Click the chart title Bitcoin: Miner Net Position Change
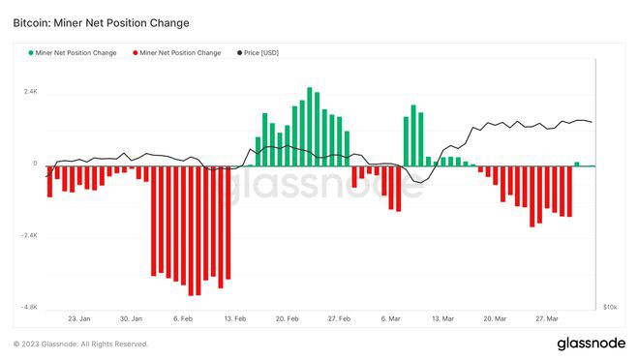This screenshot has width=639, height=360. click(x=102, y=21)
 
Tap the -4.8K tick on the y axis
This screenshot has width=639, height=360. click(x=28, y=307)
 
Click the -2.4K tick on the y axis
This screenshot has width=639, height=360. click(x=28, y=235)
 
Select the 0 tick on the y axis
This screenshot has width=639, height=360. click(x=35, y=164)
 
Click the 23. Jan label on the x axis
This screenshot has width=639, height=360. click(x=79, y=317)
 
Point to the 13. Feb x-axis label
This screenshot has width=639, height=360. click(x=235, y=317)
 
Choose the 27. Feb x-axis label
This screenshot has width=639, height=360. click(x=339, y=317)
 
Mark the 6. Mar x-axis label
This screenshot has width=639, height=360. click(x=390, y=317)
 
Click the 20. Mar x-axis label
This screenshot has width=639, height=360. click(x=494, y=317)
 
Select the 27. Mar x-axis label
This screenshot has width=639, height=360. click(x=547, y=317)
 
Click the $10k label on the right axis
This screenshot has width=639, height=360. click(x=610, y=307)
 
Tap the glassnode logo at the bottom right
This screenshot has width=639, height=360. click(x=591, y=344)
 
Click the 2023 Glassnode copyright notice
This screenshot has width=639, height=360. click(x=80, y=344)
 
